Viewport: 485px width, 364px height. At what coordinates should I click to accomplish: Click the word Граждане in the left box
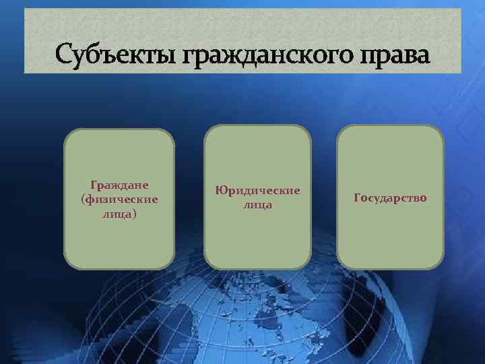(x=119, y=184)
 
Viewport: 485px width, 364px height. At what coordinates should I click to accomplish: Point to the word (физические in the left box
(x=119, y=199)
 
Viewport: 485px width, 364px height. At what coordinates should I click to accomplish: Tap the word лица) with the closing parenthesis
(x=119, y=214)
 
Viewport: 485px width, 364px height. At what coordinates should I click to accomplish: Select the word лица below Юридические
(x=257, y=205)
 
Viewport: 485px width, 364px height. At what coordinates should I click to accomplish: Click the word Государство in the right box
(x=390, y=198)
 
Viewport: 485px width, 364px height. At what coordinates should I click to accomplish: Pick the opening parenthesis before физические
(x=82, y=200)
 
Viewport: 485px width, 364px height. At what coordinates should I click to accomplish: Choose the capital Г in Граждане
(x=93, y=184)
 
